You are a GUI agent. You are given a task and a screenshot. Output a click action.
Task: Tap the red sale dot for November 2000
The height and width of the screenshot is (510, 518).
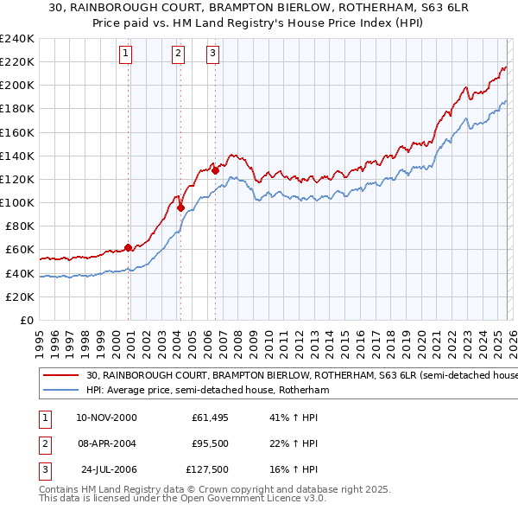(129, 247)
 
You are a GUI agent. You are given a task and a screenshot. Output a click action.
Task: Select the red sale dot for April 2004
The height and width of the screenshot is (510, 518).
(180, 207)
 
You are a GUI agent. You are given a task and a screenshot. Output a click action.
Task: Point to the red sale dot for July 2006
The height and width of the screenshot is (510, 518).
(215, 170)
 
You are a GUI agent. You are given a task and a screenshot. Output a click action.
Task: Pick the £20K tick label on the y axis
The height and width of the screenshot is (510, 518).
(20, 296)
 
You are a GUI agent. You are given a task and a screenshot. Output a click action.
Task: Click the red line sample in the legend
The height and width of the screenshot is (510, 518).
(61, 376)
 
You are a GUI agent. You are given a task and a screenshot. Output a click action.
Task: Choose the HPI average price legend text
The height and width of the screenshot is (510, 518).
(208, 390)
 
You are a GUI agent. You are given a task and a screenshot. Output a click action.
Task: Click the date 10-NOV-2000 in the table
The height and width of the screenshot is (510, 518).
(106, 418)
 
